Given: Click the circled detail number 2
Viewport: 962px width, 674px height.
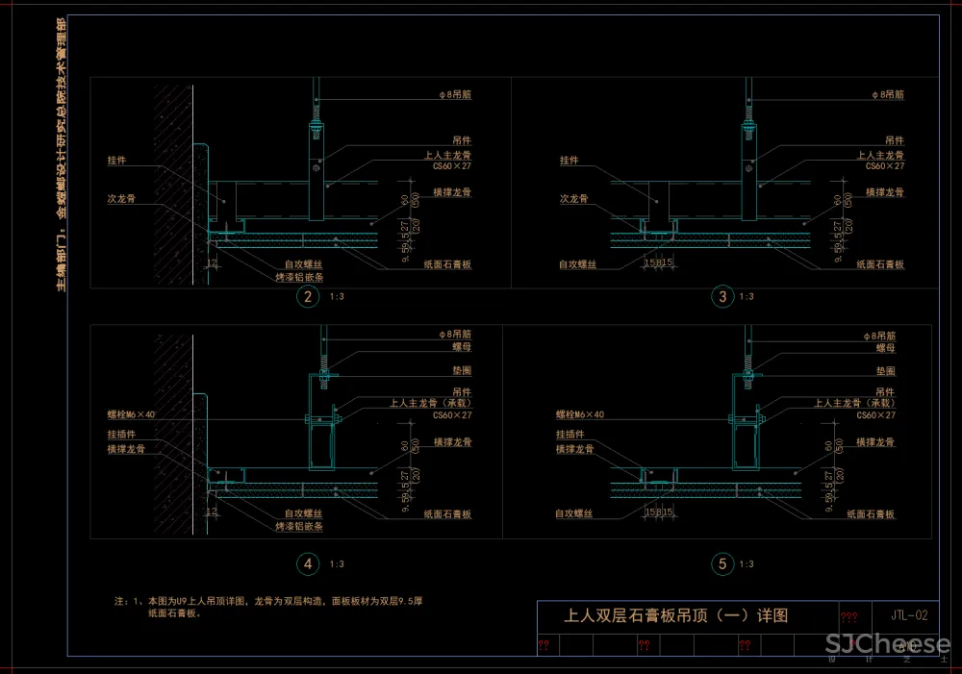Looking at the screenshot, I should point(308,297).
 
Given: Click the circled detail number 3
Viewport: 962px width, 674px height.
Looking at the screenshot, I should point(723,297).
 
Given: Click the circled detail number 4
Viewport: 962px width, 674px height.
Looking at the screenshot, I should point(308,564).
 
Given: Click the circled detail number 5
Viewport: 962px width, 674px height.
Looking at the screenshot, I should point(723,564).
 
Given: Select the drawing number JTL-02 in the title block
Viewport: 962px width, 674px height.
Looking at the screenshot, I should point(909,614).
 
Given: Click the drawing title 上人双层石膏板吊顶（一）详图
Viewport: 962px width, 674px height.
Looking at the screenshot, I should point(675,615).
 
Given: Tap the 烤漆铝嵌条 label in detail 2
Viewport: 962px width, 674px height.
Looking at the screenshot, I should point(299,276).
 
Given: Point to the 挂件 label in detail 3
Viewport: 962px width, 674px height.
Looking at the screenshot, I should point(570,161).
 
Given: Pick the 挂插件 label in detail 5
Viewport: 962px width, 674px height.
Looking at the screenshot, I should point(571,435).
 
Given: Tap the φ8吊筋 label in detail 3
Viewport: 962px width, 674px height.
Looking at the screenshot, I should point(887,95).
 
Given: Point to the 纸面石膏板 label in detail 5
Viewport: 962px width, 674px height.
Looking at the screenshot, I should point(871,514).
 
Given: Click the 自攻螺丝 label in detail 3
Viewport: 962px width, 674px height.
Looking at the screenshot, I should point(577,262).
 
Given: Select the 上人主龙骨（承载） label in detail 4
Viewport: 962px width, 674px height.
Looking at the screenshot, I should point(431,403).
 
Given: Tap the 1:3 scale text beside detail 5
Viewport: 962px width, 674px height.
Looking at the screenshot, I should point(747,564).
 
